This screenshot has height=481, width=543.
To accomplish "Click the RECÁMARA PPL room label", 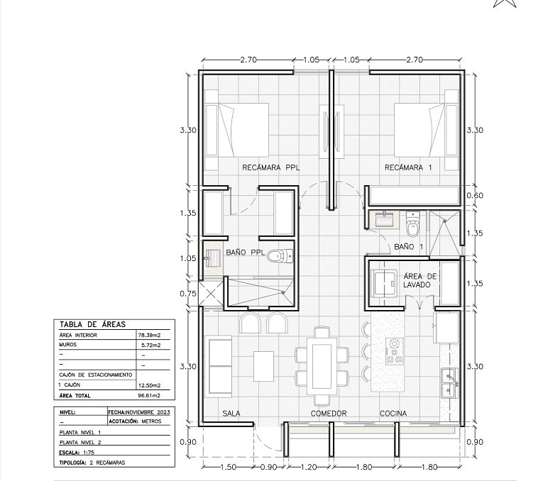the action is tap(271, 168).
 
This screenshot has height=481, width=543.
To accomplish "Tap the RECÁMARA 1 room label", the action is tap(408, 168).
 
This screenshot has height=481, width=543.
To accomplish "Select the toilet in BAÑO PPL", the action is tap(280, 256).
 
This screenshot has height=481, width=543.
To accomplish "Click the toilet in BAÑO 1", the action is tap(412, 224).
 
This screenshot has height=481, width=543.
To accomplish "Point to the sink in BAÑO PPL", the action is tap(212, 258).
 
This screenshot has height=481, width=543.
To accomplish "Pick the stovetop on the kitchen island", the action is tap(395, 351).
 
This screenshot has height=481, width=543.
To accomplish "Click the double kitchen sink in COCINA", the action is tap(449, 382).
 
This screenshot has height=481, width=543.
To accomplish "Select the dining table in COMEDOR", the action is tap(322, 366).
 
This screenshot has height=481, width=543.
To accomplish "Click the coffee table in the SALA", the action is tap(263, 366).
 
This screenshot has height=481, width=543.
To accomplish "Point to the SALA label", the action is tap(231, 413).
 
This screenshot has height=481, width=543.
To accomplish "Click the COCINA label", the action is tap(393, 413).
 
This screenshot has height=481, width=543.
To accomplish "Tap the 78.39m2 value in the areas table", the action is tap(149, 335).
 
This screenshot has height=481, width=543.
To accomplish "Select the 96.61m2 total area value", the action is tap(149, 396).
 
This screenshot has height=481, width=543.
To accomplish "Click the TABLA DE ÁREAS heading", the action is tap(92, 325).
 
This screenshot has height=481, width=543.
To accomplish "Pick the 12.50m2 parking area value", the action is tap(149, 385).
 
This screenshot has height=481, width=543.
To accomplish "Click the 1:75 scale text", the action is tap(88, 453).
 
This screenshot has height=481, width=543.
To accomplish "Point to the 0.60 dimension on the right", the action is tap(474, 196).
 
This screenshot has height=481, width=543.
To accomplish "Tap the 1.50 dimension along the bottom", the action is tap(229, 467).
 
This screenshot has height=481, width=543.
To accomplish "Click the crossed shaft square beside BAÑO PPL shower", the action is tap(212, 294).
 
